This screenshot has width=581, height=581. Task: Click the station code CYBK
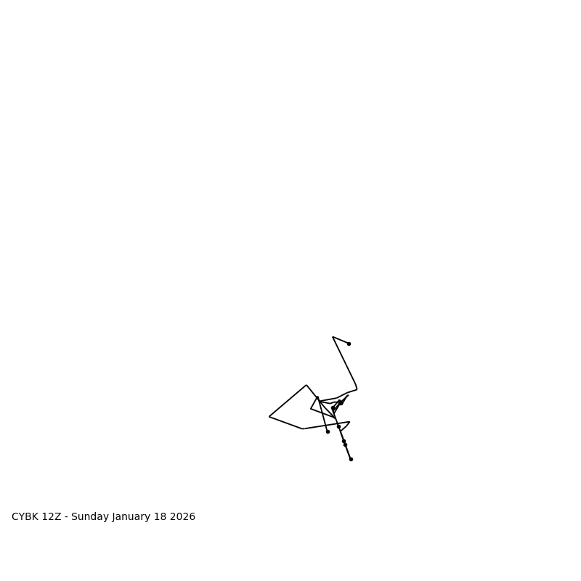[x=25, y=517]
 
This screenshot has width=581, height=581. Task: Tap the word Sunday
[x=91, y=517]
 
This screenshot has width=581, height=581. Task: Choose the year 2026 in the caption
[x=184, y=517]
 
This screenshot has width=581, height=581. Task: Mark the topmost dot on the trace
[x=349, y=344]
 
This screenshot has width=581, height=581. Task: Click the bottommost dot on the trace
[x=351, y=459]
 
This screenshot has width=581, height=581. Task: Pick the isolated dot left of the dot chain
[x=328, y=431]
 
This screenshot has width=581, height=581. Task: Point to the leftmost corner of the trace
[x=269, y=417]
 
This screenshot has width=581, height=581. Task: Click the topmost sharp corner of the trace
[x=333, y=337]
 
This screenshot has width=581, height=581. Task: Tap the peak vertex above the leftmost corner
[x=306, y=385]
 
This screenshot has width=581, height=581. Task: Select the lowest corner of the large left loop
[x=303, y=428]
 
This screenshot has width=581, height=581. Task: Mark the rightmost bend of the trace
[x=357, y=389]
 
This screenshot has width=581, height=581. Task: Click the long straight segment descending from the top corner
[x=344, y=361]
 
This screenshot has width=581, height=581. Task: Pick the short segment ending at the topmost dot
[x=341, y=340]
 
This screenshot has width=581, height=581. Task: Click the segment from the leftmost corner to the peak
[x=288, y=401]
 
